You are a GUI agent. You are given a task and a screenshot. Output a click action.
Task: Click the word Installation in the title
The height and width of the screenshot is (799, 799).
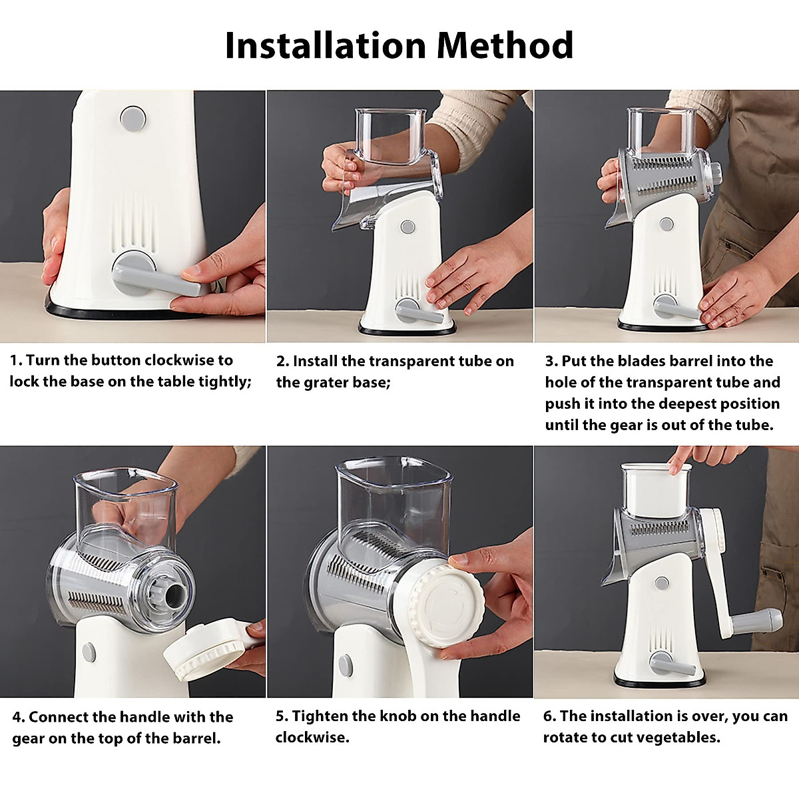pos(325,45)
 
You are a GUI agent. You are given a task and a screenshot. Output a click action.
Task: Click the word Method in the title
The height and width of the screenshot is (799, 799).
pos(505,45)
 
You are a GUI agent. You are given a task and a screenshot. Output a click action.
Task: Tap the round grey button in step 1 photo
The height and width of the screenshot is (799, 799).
pos(133,118)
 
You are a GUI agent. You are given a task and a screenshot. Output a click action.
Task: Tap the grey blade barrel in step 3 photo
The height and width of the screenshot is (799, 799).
pos(666,176)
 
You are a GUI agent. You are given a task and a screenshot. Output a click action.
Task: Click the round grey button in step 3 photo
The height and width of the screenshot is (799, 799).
pos(665,224)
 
